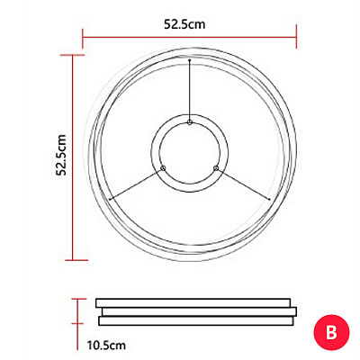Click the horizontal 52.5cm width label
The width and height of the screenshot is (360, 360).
pos(184,24)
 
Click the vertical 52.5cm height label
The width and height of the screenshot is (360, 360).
pos(62,155)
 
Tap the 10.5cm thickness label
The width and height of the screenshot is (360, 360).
pos(106,345)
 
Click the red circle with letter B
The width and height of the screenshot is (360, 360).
pos(331,332)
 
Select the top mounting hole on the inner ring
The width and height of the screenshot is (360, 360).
pos(190,121)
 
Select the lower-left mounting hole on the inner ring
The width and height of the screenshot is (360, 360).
pos(163,168)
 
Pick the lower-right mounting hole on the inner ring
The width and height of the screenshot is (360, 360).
pos(216,168)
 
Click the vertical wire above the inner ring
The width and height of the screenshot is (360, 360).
pos(190,90)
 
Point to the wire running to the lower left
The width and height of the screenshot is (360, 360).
pos(136,184)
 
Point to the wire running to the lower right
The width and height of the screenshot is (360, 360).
pos(243,184)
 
